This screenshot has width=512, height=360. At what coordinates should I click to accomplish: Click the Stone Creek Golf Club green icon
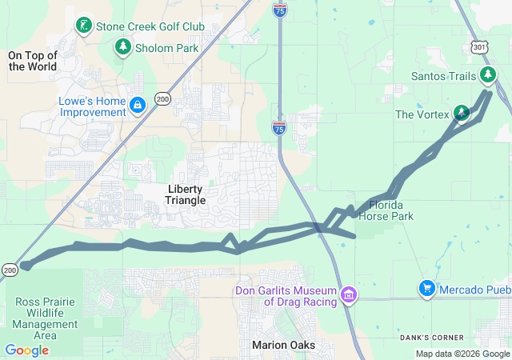click(83, 26)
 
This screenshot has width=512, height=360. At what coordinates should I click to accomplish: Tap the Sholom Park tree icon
click(122, 48)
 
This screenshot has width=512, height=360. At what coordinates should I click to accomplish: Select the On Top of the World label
click(33, 61)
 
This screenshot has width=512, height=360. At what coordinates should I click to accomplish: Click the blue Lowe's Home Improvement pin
click(138, 105)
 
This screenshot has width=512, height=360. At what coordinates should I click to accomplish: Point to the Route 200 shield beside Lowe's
click(162, 98)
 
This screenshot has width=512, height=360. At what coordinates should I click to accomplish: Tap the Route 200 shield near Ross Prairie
click(9, 270)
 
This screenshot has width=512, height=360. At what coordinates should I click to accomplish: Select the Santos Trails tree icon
click(488, 76)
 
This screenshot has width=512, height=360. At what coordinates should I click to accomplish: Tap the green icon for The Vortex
click(462, 114)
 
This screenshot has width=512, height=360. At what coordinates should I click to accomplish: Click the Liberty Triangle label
click(186, 194)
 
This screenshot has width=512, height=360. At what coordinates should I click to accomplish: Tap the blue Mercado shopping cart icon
click(427, 288)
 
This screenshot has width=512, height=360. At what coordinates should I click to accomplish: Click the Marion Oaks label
click(283, 345)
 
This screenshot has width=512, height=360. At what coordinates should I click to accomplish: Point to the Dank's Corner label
click(454, 337)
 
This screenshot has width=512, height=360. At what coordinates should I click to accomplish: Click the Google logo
click(26, 350)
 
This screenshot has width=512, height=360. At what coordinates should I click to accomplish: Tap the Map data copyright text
click(462, 354)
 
